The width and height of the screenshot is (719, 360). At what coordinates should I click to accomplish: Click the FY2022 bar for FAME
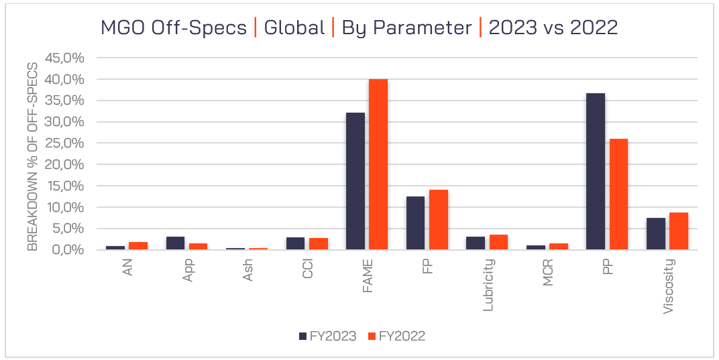[378, 165]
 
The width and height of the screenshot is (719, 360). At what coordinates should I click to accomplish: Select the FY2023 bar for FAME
[355, 182]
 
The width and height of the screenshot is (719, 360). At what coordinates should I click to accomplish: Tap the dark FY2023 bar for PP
[595, 172]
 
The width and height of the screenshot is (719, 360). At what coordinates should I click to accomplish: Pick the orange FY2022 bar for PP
[618, 194]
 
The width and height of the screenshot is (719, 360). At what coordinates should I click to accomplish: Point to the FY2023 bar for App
[176, 243]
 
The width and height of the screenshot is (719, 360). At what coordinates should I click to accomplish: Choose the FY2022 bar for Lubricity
[498, 242]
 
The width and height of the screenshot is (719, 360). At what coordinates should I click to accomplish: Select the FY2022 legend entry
[396, 336]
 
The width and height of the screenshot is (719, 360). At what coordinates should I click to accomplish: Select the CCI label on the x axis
[308, 269]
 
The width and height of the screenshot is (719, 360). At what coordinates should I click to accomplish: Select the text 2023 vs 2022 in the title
[553, 28]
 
